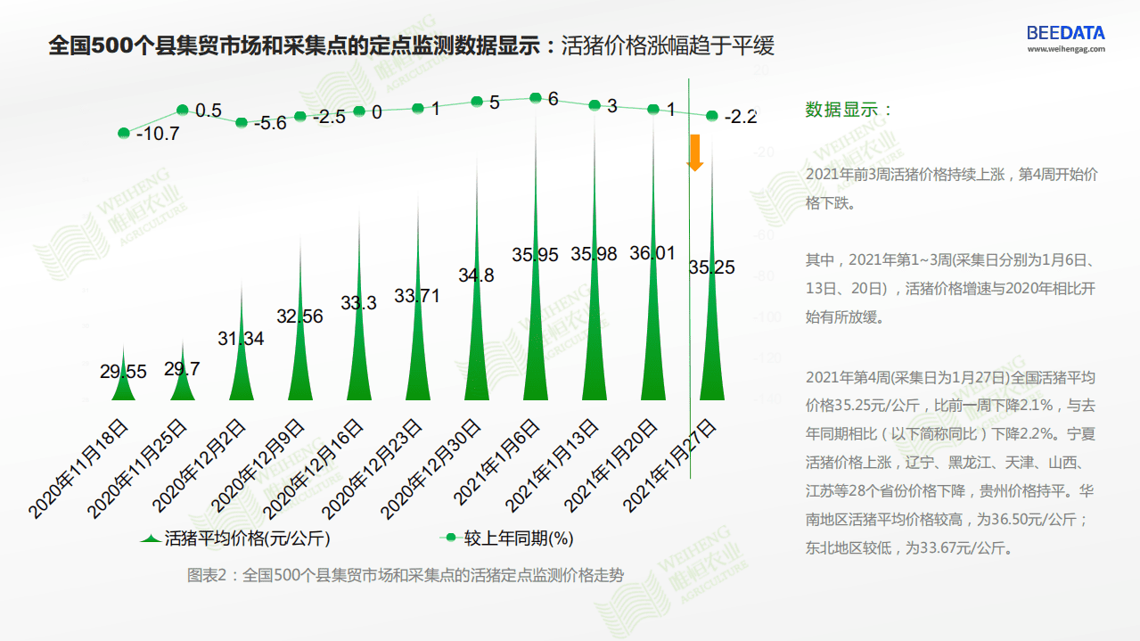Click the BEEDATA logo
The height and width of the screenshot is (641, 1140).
1065,33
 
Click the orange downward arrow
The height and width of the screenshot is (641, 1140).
694,152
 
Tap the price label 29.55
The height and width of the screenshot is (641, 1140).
123,373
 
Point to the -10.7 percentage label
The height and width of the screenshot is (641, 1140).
158,135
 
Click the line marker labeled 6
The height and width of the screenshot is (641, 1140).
536,98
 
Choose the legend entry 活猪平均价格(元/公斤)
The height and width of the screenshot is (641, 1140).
241,538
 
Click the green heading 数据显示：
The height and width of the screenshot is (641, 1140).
849,110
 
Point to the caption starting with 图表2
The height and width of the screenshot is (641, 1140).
405,575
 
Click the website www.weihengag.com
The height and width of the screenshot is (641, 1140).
1065,50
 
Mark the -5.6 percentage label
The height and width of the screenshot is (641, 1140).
270,124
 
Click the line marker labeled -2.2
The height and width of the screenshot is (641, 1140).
712,115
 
